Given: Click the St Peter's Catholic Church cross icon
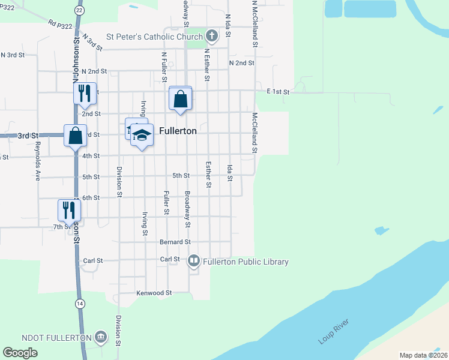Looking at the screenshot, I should click(211, 37).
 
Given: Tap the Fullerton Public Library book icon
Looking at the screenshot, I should click(193, 261).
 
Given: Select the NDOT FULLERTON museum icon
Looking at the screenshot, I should click(100, 337).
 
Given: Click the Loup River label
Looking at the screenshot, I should click(333, 334).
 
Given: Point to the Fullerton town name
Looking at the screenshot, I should click(178, 130).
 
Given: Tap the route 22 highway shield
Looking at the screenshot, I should click(79, 10).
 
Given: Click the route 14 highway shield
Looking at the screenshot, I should click(80, 304).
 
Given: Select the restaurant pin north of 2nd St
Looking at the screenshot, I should click(85, 93).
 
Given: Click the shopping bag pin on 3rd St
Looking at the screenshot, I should click(75, 135).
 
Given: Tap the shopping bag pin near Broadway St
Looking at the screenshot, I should click(181, 98).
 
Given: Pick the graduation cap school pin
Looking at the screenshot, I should click(142, 136).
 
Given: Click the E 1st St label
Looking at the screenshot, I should click(279, 92).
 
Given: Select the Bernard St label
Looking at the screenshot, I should click(175, 242).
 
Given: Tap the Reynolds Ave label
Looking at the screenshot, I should click(37, 161).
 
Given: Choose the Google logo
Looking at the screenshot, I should click(20, 353).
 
